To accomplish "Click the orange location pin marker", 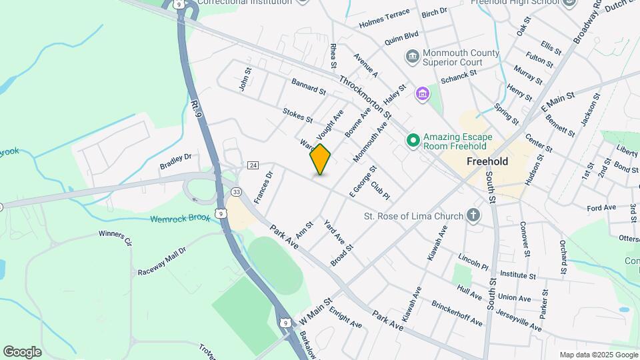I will (x=320, y=159).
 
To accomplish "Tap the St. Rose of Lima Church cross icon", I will (x=473, y=215).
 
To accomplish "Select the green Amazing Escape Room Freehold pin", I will (x=413, y=140).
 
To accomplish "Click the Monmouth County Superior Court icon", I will (x=412, y=55).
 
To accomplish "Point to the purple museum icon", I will (x=422, y=94).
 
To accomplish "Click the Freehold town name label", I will (x=487, y=161).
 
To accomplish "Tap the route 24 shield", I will (x=253, y=165).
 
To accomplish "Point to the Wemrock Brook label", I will (x=180, y=218).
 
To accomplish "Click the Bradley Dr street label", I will (x=175, y=161).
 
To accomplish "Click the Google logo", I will (x=22, y=351).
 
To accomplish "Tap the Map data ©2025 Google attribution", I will (x=598, y=355).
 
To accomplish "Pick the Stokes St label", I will (x=297, y=116).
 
